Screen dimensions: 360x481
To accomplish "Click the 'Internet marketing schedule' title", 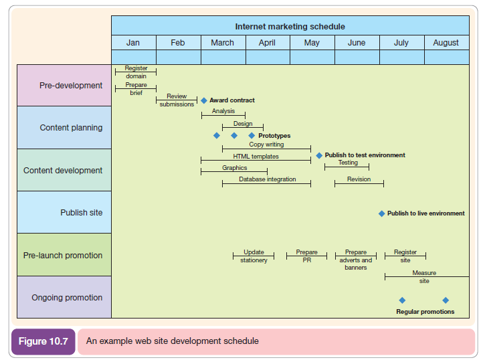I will click(290, 27).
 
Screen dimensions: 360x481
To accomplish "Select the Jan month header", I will click(133, 43).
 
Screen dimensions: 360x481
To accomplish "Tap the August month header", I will click(446, 43).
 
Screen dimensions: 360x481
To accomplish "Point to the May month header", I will click(312, 43).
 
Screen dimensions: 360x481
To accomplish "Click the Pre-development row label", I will click(71, 86).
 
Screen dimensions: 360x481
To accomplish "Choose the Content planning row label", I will click(71, 128).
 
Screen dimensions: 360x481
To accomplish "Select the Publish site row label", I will click(82, 213).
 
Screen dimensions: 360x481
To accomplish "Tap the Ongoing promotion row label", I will click(67, 298).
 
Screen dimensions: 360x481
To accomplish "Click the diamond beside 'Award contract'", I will click(204, 100).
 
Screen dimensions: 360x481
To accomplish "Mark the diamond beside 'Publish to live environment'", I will click(382, 213).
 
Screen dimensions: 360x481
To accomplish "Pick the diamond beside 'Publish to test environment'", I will click(319, 155).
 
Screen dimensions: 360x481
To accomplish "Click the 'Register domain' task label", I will click(136, 72).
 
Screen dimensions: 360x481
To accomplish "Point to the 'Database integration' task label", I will click(268, 179).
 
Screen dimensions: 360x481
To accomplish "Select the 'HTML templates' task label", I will click(256, 157).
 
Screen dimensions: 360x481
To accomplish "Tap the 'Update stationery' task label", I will click(254, 256).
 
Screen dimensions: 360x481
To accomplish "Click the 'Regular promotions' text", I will click(425, 312).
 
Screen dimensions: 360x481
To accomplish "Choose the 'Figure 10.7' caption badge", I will click(43, 341).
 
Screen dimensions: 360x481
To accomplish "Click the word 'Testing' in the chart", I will click(348, 163).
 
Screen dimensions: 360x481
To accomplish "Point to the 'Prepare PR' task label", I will click(306, 256).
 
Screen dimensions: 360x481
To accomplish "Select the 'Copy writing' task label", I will click(266, 145).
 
